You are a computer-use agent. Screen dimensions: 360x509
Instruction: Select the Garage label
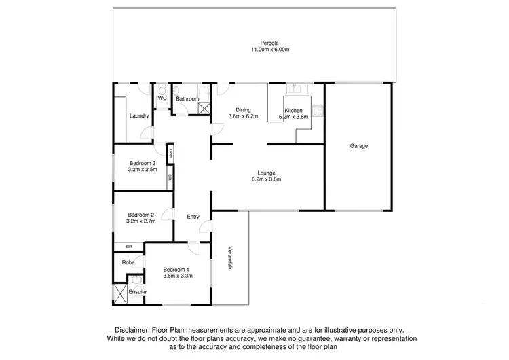pyautogui.click(x=359, y=146)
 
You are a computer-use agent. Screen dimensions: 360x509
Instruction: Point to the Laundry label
pyautogui.click(x=139, y=115)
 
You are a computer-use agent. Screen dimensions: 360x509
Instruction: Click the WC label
pyautogui.click(x=162, y=98)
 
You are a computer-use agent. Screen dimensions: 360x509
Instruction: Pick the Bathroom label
pyautogui.click(x=187, y=99)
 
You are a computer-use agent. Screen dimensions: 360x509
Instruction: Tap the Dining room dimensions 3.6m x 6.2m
pyautogui.click(x=244, y=117)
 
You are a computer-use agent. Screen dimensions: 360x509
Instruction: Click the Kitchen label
pyautogui.click(x=294, y=110)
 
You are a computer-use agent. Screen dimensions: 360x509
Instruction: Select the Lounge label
pyautogui.click(x=266, y=172)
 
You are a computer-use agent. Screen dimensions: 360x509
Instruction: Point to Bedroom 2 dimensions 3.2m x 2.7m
pyautogui.click(x=142, y=221)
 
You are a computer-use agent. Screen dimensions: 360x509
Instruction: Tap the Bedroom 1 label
pyautogui.click(x=178, y=269)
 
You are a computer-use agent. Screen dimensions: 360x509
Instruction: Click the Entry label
pyautogui.click(x=193, y=217)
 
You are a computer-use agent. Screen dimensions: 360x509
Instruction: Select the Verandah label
pyautogui.click(x=231, y=258)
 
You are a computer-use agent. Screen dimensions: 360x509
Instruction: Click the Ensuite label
pyautogui.click(x=137, y=292)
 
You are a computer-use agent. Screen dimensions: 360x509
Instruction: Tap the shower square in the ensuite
pyautogui.click(x=121, y=293)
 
